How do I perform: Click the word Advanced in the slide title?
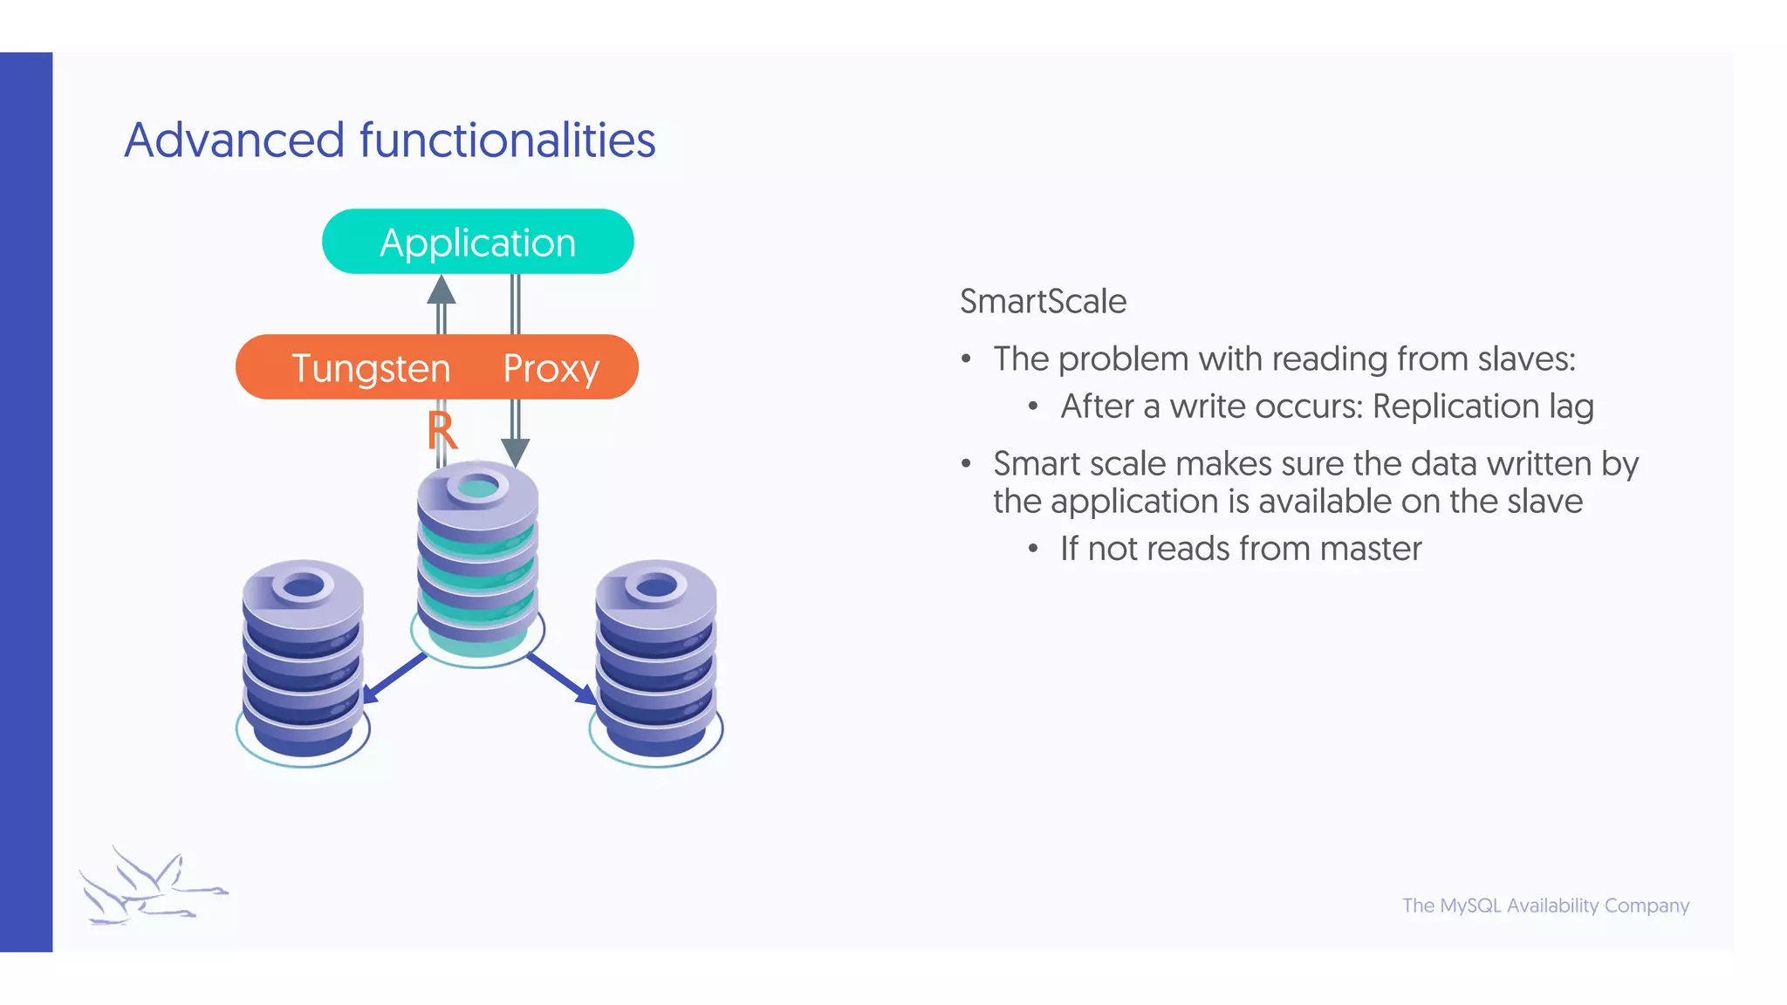click(234, 140)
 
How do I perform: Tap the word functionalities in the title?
click(507, 140)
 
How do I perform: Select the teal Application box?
click(477, 242)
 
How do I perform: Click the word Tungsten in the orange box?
click(371, 368)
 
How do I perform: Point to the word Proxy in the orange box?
click(551, 369)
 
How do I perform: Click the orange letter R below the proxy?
click(442, 431)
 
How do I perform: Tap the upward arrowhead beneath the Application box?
click(442, 290)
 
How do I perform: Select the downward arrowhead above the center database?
click(516, 452)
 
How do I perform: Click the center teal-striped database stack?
click(477, 558)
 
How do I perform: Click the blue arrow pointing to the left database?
click(393, 678)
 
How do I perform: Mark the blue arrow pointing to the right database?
click(564, 679)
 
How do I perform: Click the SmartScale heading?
click(1043, 302)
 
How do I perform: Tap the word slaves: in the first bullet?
click(1526, 359)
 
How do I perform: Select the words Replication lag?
click(1482, 407)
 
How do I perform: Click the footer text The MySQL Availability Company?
click(1545, 906)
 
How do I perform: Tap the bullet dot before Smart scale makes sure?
click(966, 464)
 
